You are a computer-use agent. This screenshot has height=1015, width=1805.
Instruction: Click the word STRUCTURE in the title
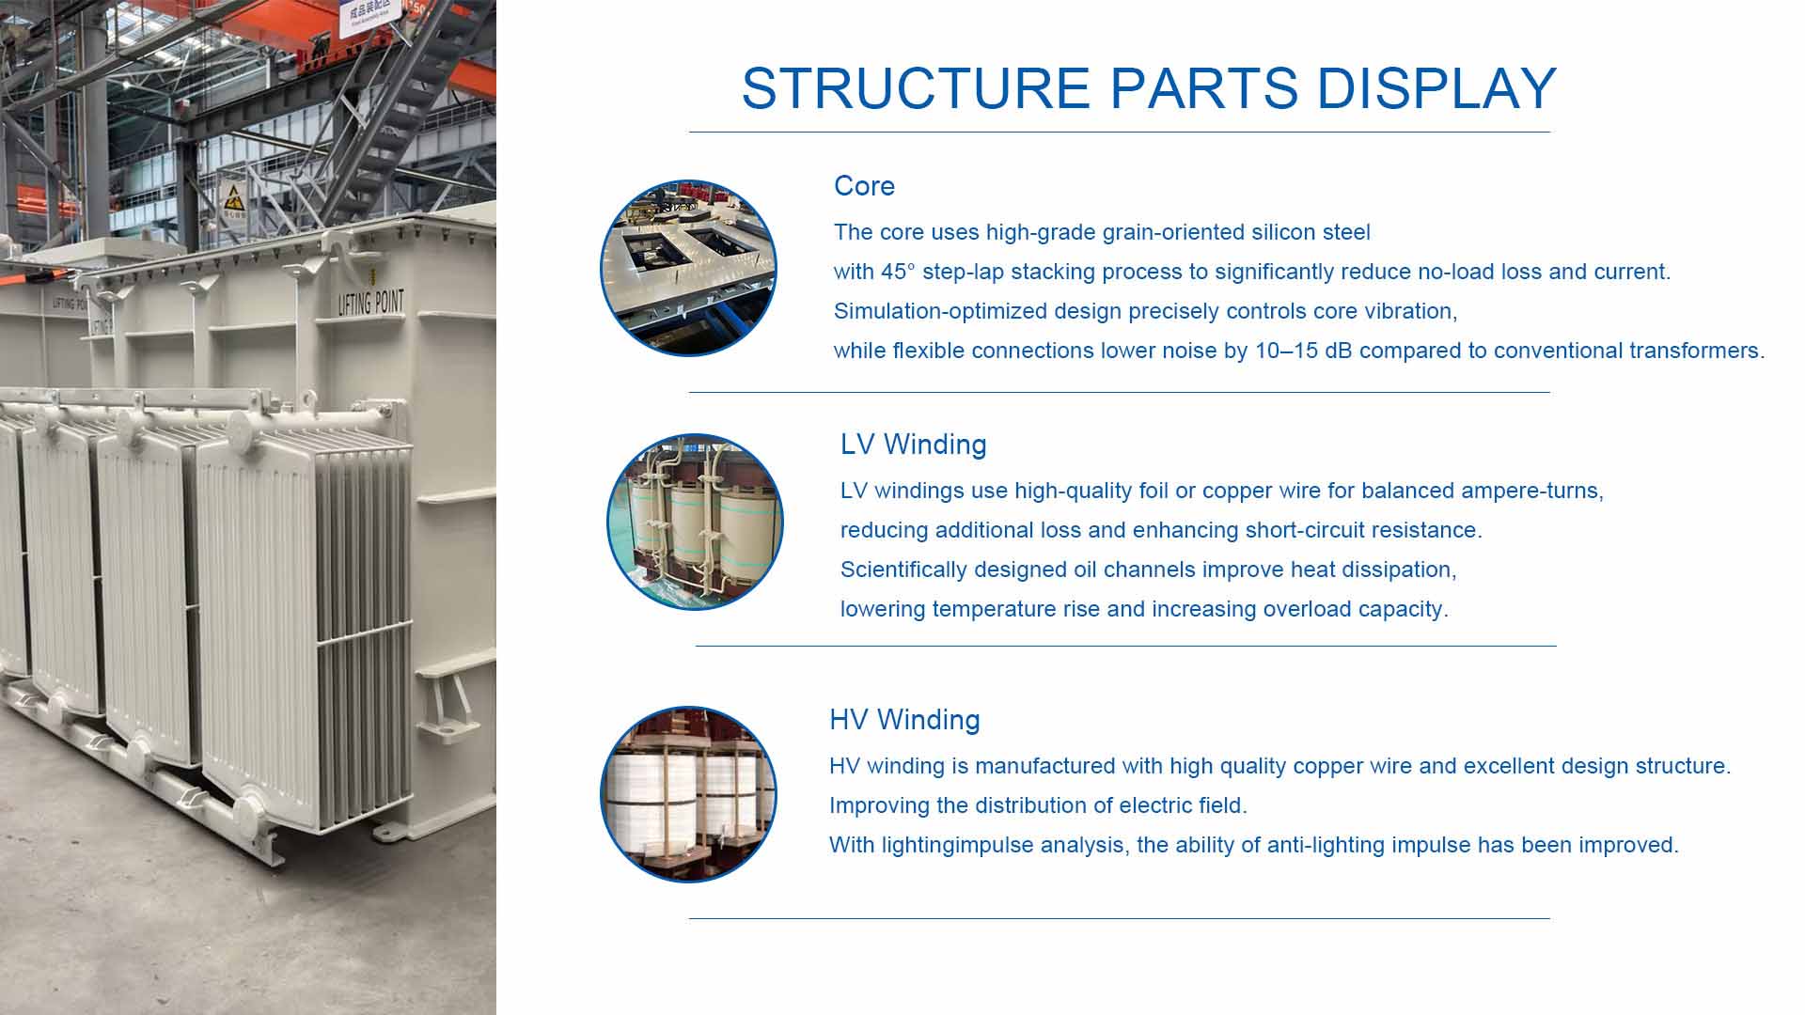tap(915, 88)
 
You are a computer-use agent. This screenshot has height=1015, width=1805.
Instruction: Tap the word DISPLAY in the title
tap(1436, 88)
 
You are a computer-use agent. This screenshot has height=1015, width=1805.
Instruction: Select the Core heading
tap(864, 186)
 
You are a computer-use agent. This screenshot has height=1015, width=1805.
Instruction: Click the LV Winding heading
tap(913, 445)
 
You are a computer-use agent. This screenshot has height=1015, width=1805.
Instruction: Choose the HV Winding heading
tap(904, 720)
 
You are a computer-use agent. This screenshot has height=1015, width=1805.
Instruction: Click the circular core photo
tap(688, 268)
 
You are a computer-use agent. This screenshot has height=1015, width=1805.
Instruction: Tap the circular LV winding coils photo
tap(695, 522)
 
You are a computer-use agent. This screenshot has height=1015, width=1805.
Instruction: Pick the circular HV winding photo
tap(688, 794)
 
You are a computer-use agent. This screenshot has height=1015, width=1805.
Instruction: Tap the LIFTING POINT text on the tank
tap(371, 302)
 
